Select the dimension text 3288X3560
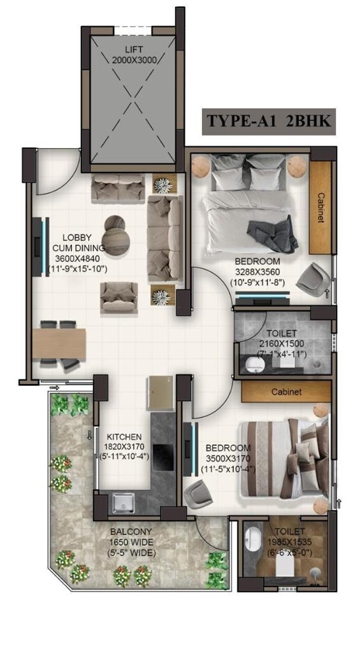(x=257, y=271)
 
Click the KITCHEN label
(x=124, y=437)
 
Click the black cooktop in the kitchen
(x=162, y=455)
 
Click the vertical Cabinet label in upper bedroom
(x=321, y=208)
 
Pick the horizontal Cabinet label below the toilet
(x=286, y=392)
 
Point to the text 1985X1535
(x=291, y=542)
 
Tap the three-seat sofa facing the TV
(x=165, y=238)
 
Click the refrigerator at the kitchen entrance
(x=159, y=393)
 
